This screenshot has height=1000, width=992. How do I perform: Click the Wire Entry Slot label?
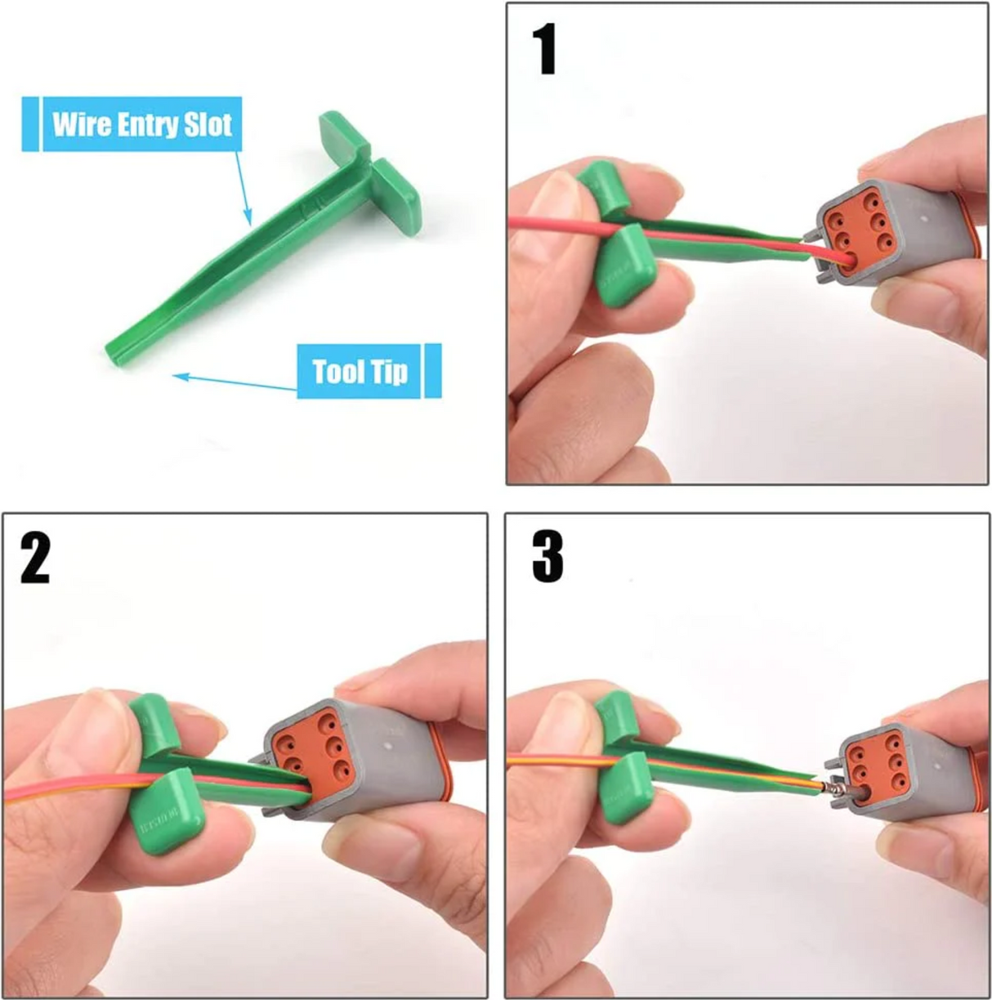pos(141,124)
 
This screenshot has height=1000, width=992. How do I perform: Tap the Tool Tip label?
pos(360,372)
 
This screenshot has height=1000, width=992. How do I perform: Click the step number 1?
pos(544,50)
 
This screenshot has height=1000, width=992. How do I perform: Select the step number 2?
pos(35,559)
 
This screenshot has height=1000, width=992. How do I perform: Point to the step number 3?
pos(547,559)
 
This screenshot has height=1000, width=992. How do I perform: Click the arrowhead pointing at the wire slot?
pos(248,218)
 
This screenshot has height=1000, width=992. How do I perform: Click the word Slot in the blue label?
pos(207,124)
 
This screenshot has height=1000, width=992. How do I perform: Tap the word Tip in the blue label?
pos(391,372)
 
